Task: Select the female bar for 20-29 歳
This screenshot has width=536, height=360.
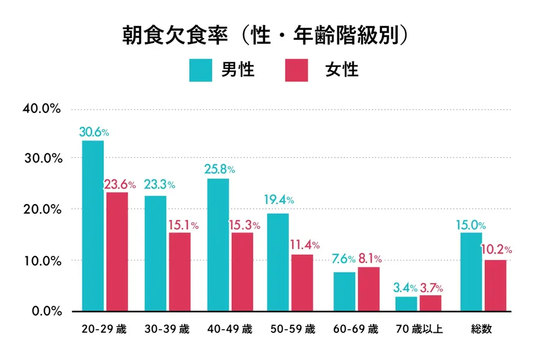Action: coord(117,252)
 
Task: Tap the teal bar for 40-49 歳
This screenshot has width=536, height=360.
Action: coord(218,245)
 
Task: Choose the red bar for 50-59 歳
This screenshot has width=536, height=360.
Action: coord(302,283)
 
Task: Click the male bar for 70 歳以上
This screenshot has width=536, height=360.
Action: coord(407,304)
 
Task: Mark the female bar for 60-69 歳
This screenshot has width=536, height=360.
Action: coord(368,289)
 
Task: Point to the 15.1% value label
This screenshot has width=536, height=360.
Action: coord(183,226)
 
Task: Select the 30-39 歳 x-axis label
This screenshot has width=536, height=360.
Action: coord(166,330)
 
